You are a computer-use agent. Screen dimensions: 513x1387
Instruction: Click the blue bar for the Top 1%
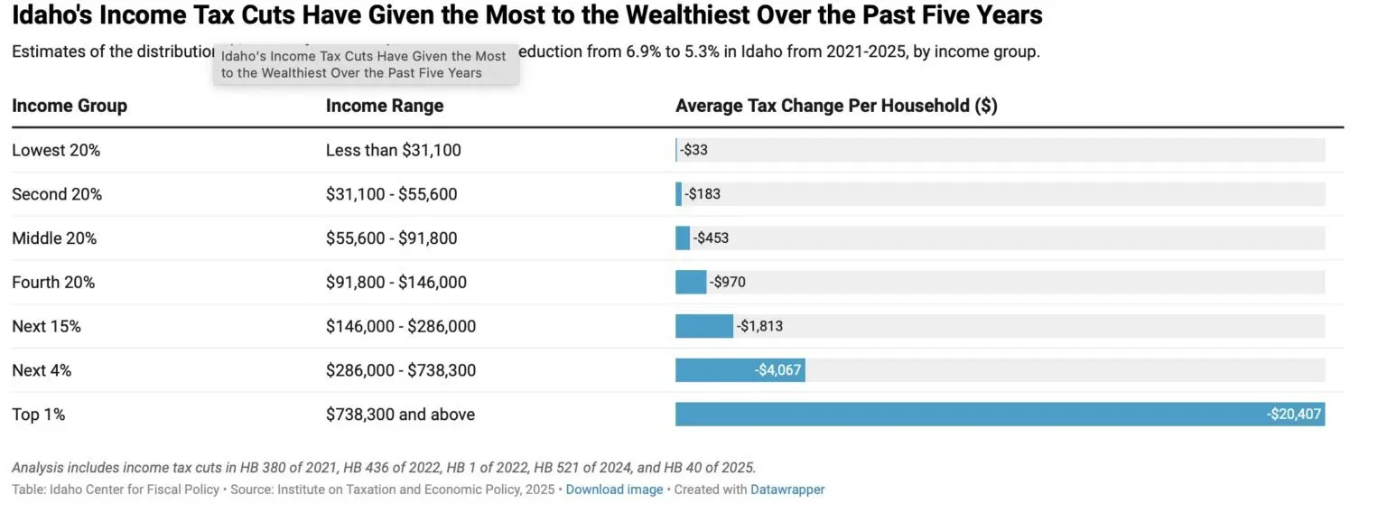(x=993, y=415)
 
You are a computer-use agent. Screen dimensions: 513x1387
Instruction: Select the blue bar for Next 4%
(x=722, y=370)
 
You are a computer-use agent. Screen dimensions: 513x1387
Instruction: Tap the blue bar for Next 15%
(x=703, y=326)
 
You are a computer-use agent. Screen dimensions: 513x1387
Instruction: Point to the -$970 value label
(x=728, y=283)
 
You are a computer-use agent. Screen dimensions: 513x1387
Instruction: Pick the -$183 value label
(x=703, y=194)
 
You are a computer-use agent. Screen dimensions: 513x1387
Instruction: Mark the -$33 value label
(x=693, y=150)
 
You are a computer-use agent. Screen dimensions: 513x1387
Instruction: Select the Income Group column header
(x=70, y=106)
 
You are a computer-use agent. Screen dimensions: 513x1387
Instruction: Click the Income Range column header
(x=385, y=106)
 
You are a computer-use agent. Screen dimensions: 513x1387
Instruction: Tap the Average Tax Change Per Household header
(x=836, y=106)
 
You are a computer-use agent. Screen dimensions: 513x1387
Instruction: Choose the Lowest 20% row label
(x=56, y=150)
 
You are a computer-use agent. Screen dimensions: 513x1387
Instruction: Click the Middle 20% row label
(x=54, y=238)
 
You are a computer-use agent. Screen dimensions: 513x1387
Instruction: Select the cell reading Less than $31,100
(x=393, y=150)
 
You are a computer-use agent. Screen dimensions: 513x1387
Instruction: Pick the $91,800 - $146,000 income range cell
(x=396, y=283)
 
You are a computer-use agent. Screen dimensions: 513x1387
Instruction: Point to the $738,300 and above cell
(x=400, y=415)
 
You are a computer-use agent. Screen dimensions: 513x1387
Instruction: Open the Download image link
(x=614, y=490)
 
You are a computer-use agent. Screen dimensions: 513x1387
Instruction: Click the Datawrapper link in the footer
(x=787, y=490)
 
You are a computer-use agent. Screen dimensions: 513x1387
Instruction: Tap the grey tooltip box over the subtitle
(x=366, y=65)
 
